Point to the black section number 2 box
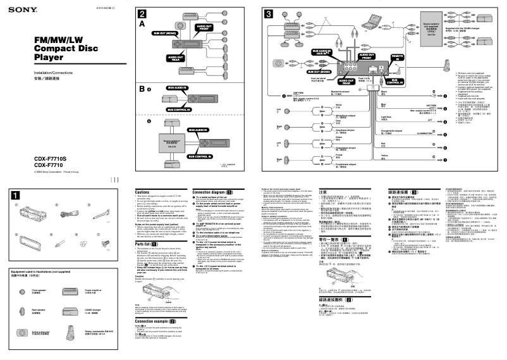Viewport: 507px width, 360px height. [143, 14]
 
